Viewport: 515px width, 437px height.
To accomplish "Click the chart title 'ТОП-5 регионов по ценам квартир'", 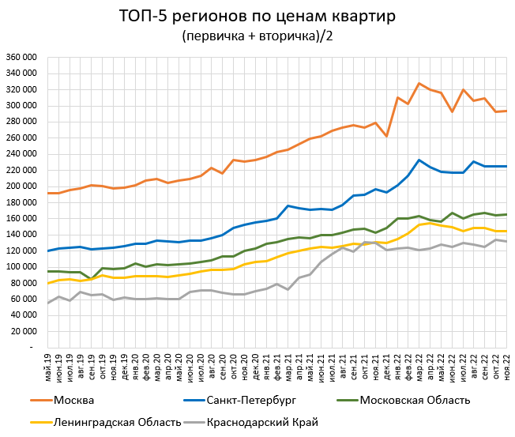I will (x=257, y=16).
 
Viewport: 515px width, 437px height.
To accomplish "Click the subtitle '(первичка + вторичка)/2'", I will (x=257, y=36).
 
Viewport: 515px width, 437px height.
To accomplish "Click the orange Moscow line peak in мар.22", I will (x=419, y=83).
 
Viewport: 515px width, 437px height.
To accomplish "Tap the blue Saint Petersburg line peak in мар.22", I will (x=419, y=160).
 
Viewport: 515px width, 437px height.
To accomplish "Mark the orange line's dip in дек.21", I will (x=386, y=136).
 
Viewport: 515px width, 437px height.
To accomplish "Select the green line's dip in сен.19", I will (x=92, y=279).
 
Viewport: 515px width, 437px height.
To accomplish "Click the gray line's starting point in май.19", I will (x=48, y=303).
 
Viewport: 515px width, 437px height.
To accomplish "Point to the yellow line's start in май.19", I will (x=48, y=283).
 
